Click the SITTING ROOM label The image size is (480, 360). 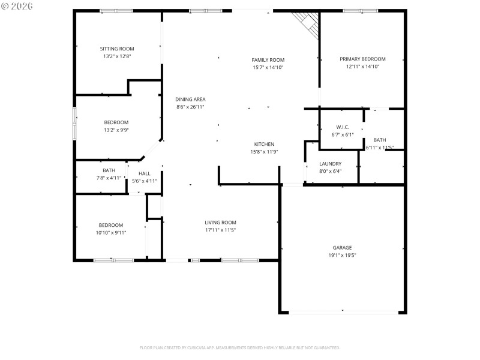point(116,49)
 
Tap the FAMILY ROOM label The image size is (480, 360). point(268,60)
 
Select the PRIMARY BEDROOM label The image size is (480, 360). point(362,59)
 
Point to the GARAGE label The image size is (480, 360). point(343,247)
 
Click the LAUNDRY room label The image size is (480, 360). point(330,164)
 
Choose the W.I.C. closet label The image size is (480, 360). point(343,127)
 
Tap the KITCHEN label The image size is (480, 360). point(264,144)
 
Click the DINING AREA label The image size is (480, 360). point(190,99)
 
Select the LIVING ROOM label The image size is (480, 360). point(220,222)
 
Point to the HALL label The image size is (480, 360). point(145,173)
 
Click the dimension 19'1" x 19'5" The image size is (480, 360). point(343,255)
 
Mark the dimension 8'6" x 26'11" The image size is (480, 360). point(190,107)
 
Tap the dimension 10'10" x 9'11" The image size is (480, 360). point(111,233)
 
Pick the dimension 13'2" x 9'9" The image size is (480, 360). point(116,130)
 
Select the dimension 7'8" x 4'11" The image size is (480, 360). point(109,178)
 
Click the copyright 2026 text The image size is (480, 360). point(17,6)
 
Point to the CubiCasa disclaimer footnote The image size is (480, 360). point(240,347)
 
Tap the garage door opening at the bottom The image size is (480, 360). point(343,312)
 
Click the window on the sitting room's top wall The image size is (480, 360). point(116,11)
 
